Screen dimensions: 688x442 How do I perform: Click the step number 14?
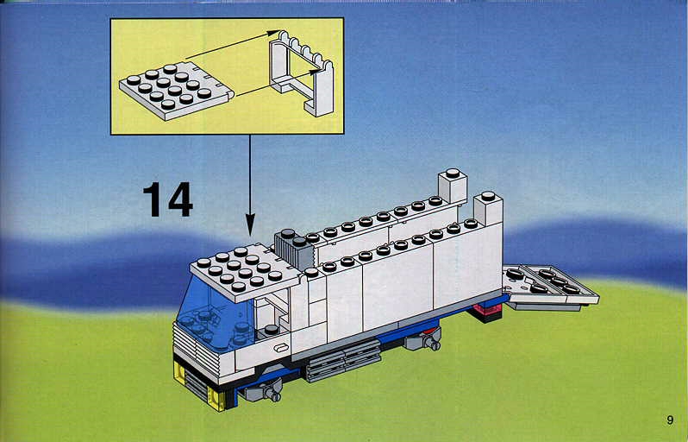click(x=168, y=200)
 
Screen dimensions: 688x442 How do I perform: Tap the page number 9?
click(x=670, y=420)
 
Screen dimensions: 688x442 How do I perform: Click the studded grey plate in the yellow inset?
click(x=177, y=91)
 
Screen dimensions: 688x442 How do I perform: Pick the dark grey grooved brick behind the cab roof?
click(x=293, y=249)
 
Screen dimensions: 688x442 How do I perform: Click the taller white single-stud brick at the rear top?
click(x=453, y=186)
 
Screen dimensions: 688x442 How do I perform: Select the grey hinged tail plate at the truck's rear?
click(x=550, y=286)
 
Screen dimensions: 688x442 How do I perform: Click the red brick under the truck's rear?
click(x=486, y=312)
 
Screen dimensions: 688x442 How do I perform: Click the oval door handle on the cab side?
click(x=280, y=349)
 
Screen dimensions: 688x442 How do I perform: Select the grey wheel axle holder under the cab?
click(x=263, y=390)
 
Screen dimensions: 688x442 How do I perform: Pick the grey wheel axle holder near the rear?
click(x=423, y=339)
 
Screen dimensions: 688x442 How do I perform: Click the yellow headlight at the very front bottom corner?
click(x=217, y=399)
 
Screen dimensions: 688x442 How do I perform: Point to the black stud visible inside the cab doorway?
click(x=272, y=329)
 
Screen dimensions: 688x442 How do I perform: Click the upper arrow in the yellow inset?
click(x=233, y=44)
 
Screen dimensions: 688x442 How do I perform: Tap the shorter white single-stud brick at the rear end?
click(x=488, y=209)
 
